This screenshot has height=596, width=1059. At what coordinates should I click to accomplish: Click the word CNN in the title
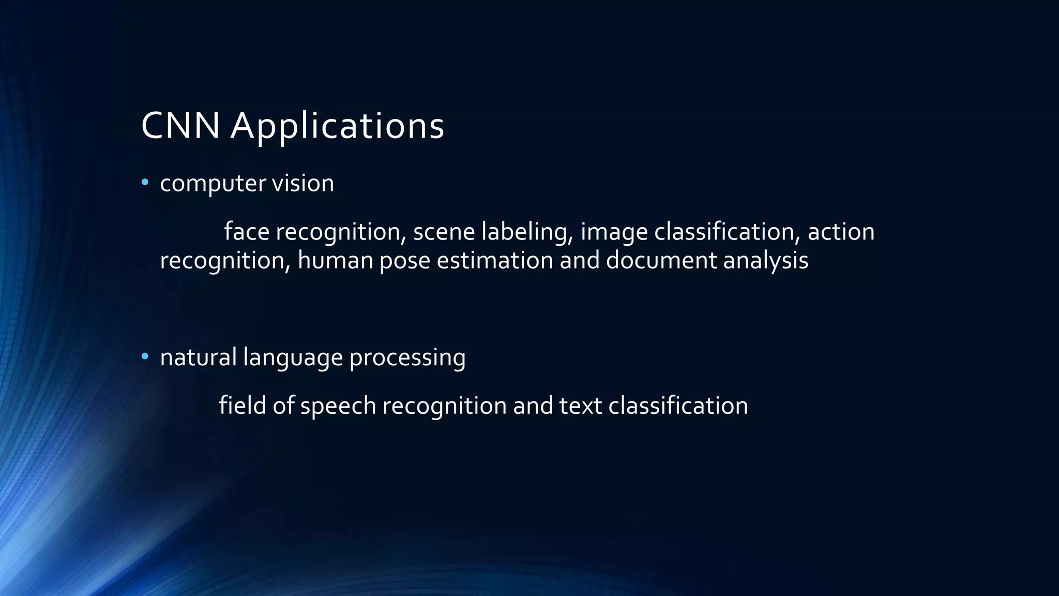coord(180,126)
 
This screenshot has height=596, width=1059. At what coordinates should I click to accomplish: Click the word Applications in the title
coord(337,127)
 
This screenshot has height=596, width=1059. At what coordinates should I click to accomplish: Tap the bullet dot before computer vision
coord(145,182)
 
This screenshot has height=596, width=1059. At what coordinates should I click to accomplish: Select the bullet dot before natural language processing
coord(145,356)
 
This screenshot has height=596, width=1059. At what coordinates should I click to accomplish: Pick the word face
coord(247,231)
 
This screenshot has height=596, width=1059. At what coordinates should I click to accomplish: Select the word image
coord(614,232)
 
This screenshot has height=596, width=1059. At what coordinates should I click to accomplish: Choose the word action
coord(841,231)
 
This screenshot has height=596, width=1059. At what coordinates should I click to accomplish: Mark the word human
coord(335,260)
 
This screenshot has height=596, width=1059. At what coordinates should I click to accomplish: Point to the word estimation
coord(495,260)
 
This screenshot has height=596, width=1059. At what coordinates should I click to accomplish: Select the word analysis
coord(766,261)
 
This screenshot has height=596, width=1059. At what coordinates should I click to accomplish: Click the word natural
coord(198,357)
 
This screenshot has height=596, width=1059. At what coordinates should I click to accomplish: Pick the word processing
coord(407,358)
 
